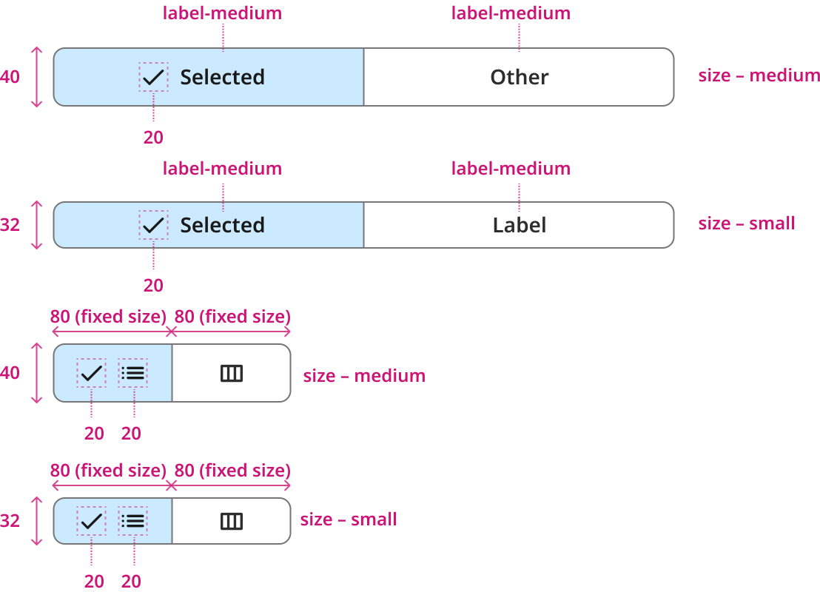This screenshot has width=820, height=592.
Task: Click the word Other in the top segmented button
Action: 520,78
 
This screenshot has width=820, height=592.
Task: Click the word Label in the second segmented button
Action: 520,226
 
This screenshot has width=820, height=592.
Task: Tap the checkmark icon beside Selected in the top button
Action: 153,78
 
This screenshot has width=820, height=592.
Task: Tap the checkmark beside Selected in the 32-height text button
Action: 153,226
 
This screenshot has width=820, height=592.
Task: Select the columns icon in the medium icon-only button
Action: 232,374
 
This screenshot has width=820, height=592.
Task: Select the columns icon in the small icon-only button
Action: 232,522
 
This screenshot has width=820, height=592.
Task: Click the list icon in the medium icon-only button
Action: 132,374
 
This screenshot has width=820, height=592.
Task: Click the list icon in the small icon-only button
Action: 132,522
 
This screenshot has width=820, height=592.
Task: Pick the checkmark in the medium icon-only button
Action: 92,374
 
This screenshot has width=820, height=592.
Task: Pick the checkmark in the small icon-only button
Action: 92,522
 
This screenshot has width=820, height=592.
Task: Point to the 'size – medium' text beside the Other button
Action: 759,75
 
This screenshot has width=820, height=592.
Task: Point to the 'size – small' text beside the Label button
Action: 746,223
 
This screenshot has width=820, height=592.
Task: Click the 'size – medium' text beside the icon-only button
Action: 364,375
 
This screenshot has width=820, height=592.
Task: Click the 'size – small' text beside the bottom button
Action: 349,519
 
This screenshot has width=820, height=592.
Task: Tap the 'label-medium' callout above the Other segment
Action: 511,13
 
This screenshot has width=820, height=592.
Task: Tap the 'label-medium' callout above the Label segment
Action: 511,169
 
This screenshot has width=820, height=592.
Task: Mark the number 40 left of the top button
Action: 10,77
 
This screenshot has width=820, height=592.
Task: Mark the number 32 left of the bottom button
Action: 10,521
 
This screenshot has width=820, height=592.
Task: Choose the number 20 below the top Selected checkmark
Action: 153,138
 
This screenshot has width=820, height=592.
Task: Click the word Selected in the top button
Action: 222,78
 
